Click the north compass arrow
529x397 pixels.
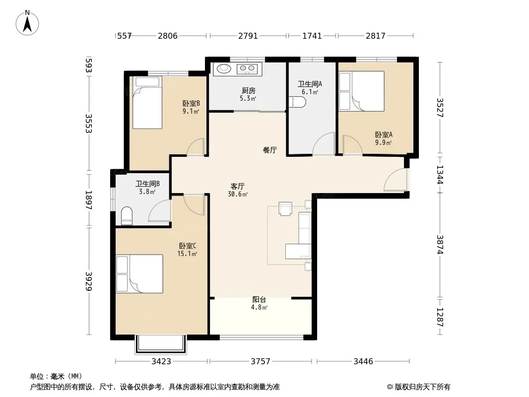[x=27, y=24]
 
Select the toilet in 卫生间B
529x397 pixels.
[x=127, y=216]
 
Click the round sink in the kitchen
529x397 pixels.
[x=223, y=68]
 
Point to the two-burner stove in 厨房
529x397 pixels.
[x=247, y=69]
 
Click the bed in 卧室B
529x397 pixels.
[x=147, y=103]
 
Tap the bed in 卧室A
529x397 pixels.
[x=362, y=91]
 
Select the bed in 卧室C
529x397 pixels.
[x=139, y=274]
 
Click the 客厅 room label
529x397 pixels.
[x=238, y=186]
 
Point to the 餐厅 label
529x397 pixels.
[x=270, y=150]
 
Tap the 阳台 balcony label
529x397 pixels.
[x=259, y=299]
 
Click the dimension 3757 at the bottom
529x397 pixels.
[x=261, y=362]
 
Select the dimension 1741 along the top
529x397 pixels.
[x=312, y=36]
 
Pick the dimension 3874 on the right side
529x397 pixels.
[x=440, y=244]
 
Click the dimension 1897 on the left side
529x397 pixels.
[x=88, y=200]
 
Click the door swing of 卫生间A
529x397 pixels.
[x=324, y=144]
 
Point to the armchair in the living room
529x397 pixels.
[x=285, y=208]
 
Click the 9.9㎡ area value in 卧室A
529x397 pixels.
[x=383, y=142]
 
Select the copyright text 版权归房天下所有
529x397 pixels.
[x=422, y=387]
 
